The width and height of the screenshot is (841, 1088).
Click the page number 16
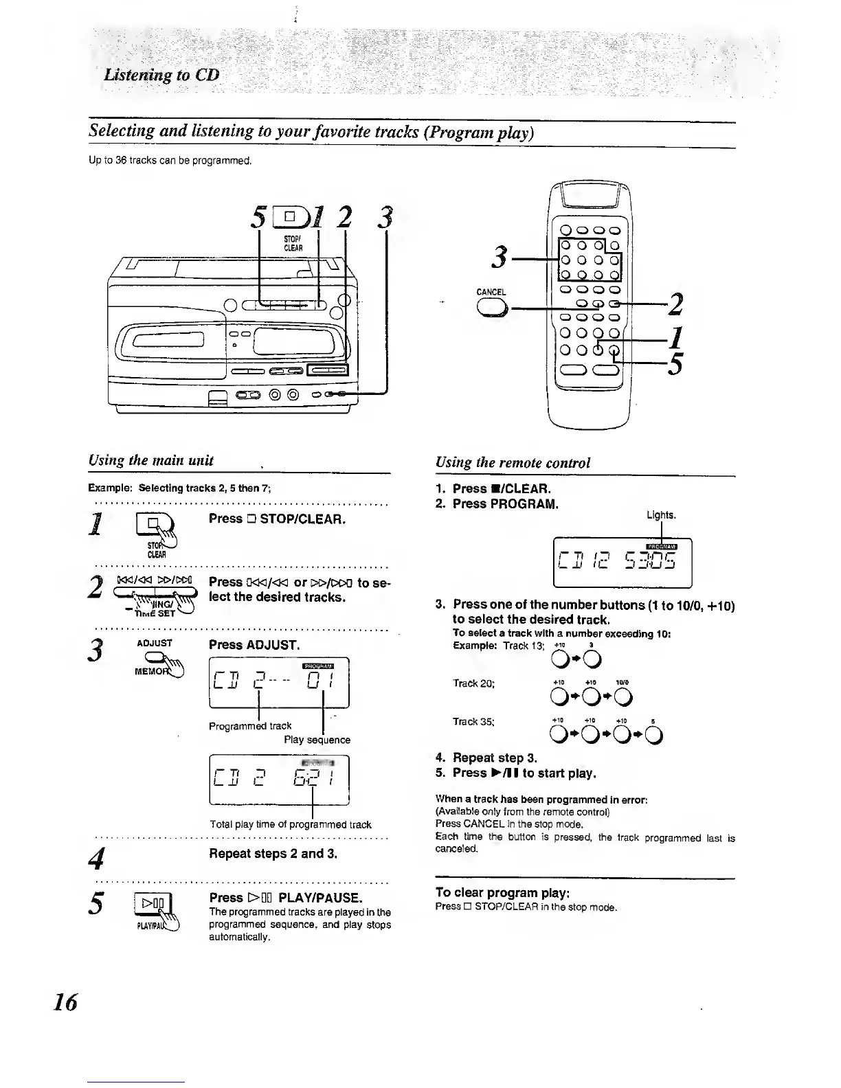tap(68, 1002)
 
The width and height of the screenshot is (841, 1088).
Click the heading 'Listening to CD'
tap(161, 75)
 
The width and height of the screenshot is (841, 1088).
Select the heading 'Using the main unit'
tap(151, 460)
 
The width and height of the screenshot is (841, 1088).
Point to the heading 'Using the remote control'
tap(513, 462)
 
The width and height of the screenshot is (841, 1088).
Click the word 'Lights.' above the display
tap(661, 514)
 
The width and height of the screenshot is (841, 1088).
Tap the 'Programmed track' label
tap(250, 725)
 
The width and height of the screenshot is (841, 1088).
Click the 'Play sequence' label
tap(317, 740)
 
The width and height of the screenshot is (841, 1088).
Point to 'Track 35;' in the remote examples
tap(475, 721)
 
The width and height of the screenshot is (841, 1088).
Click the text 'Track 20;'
tap(474, 683)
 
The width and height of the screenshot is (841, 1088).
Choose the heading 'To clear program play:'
tap(502, 892)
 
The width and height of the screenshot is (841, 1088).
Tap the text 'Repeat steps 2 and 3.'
tap(273, 854)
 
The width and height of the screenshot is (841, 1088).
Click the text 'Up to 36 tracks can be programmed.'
tap(170, 161)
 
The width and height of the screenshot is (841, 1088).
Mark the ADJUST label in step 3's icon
tap(155, 644)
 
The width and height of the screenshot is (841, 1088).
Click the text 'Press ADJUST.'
tap(254, 645)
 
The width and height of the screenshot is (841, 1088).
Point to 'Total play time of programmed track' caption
tap(291, 824)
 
